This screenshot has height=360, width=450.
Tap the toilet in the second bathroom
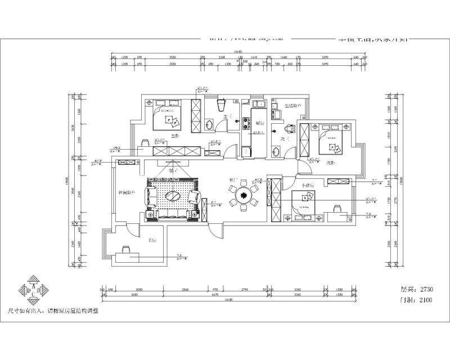click(x=289, y=128)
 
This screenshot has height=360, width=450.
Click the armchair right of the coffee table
click(x=195, y=196)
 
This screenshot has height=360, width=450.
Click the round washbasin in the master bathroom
click(x=209, y=124)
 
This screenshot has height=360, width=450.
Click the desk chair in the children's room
click(x=337, y=209)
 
